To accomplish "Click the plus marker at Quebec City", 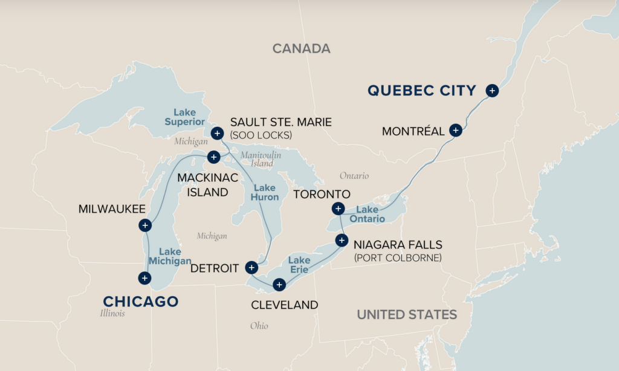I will click(x=492, y=91).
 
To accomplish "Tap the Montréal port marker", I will click(x=456, y=130).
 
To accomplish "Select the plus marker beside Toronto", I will click(x=337, y=209).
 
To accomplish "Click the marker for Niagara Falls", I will click(x=342, y=240).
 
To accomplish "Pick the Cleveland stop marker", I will click(x=279, y=284).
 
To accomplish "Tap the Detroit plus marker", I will click(x=251, y=267).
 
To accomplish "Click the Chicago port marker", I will click(x=144, y=278).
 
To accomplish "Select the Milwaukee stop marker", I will click(x=144, y=225).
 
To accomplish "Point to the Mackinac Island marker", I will click(x=213, y=157).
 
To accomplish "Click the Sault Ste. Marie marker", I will click(x=217, y=133).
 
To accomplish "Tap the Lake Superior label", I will click(x=181, y=117).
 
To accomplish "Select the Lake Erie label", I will click(x=299, y=264).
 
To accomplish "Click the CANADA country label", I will click(x=301, y=49).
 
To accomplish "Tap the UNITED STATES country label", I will click(x=406, y=314).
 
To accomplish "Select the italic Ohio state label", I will click(x=259, y=326).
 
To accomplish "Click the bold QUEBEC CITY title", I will click(x=421, y=91).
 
